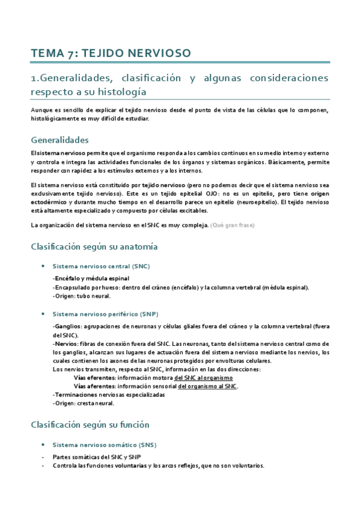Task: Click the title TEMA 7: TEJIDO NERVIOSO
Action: (111, 54)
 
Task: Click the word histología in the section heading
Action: (121, 91)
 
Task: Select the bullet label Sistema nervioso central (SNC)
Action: (101, 265)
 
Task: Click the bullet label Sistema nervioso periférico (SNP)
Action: (105, 314)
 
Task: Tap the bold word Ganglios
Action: (66, 327)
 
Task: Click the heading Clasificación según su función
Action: (90, 425)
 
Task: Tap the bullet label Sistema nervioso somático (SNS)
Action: (105, 444)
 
